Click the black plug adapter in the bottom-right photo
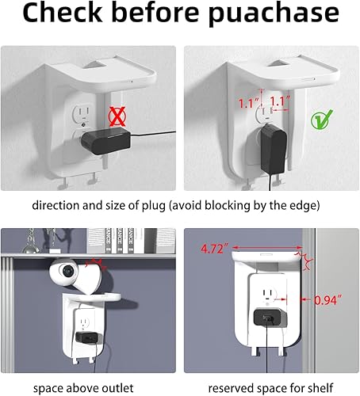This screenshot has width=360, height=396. [x=268, y=319]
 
